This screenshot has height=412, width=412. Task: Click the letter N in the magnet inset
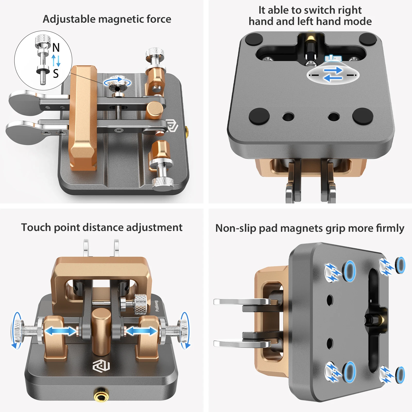56,48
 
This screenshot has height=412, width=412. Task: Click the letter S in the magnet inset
56,74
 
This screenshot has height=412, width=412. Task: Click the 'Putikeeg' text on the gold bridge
157,306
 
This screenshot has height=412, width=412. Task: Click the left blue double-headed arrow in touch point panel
61,331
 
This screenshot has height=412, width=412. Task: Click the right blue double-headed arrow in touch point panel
141,331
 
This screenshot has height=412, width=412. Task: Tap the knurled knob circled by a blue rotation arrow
117,83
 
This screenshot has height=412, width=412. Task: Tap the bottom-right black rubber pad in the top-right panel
363,116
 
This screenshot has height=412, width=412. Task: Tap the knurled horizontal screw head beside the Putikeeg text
141,304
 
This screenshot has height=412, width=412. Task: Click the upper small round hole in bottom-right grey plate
330,300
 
